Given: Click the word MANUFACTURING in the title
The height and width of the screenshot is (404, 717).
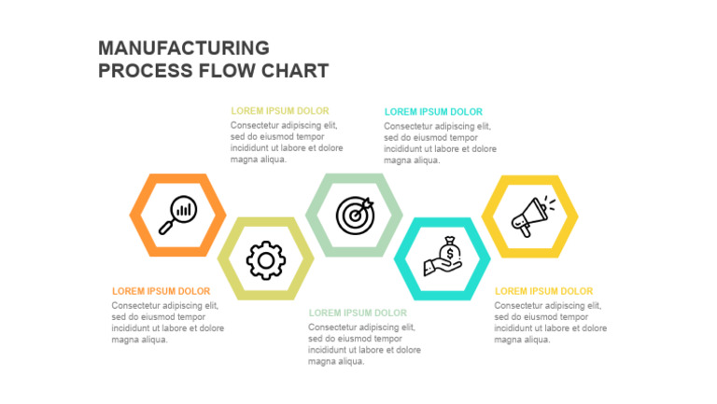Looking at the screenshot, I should (183, 49).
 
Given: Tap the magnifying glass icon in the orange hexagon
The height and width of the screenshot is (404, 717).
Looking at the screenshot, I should (177, 215).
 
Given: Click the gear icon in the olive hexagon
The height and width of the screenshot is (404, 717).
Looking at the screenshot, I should (266, 259).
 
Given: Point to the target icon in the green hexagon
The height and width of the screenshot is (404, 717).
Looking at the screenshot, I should (355, 215).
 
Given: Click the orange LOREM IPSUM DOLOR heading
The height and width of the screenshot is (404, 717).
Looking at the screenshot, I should (161, 291).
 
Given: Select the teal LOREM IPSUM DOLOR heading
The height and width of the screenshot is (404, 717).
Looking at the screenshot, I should (433, 112).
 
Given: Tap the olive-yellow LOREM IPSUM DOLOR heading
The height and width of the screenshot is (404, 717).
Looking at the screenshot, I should (280, 111).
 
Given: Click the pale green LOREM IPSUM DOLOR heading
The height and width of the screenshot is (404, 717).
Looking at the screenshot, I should (358, 313).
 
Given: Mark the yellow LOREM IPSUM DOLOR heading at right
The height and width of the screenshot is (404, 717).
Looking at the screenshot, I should (543, 291).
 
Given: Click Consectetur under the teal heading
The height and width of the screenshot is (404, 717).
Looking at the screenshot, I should (408, 126).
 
